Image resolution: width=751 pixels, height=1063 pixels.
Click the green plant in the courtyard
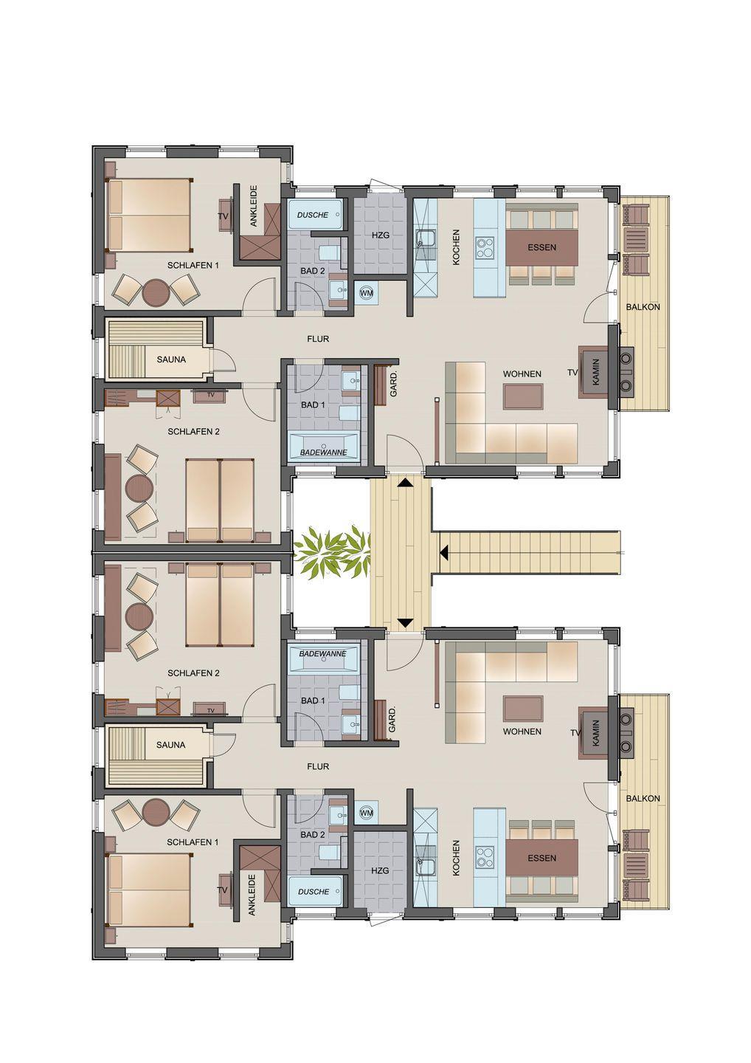point(332,548)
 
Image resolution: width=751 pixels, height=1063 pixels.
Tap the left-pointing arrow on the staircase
point(444,552)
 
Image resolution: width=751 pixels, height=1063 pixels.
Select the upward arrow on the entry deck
point(404,483)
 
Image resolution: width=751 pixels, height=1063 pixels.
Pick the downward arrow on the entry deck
point(404,622)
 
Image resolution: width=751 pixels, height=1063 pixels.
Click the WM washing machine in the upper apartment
point(367,293)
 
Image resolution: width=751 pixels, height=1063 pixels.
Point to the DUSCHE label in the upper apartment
point(313,215)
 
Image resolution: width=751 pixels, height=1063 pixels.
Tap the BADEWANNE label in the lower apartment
point(323,653)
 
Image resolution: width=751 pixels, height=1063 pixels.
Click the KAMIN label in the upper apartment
point(596,371)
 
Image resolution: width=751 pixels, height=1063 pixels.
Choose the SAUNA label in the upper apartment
point(171,360)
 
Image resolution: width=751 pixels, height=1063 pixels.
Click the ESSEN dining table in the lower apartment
point(542,858)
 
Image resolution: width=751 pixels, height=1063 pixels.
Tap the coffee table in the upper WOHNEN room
point(523,396)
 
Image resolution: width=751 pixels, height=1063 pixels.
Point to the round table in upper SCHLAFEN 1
point(156,292)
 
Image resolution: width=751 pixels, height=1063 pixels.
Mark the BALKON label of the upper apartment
point(643,306)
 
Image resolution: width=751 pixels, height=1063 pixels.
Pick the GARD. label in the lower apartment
point(392,720)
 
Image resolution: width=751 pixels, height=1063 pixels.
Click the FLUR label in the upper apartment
point(318,339)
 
